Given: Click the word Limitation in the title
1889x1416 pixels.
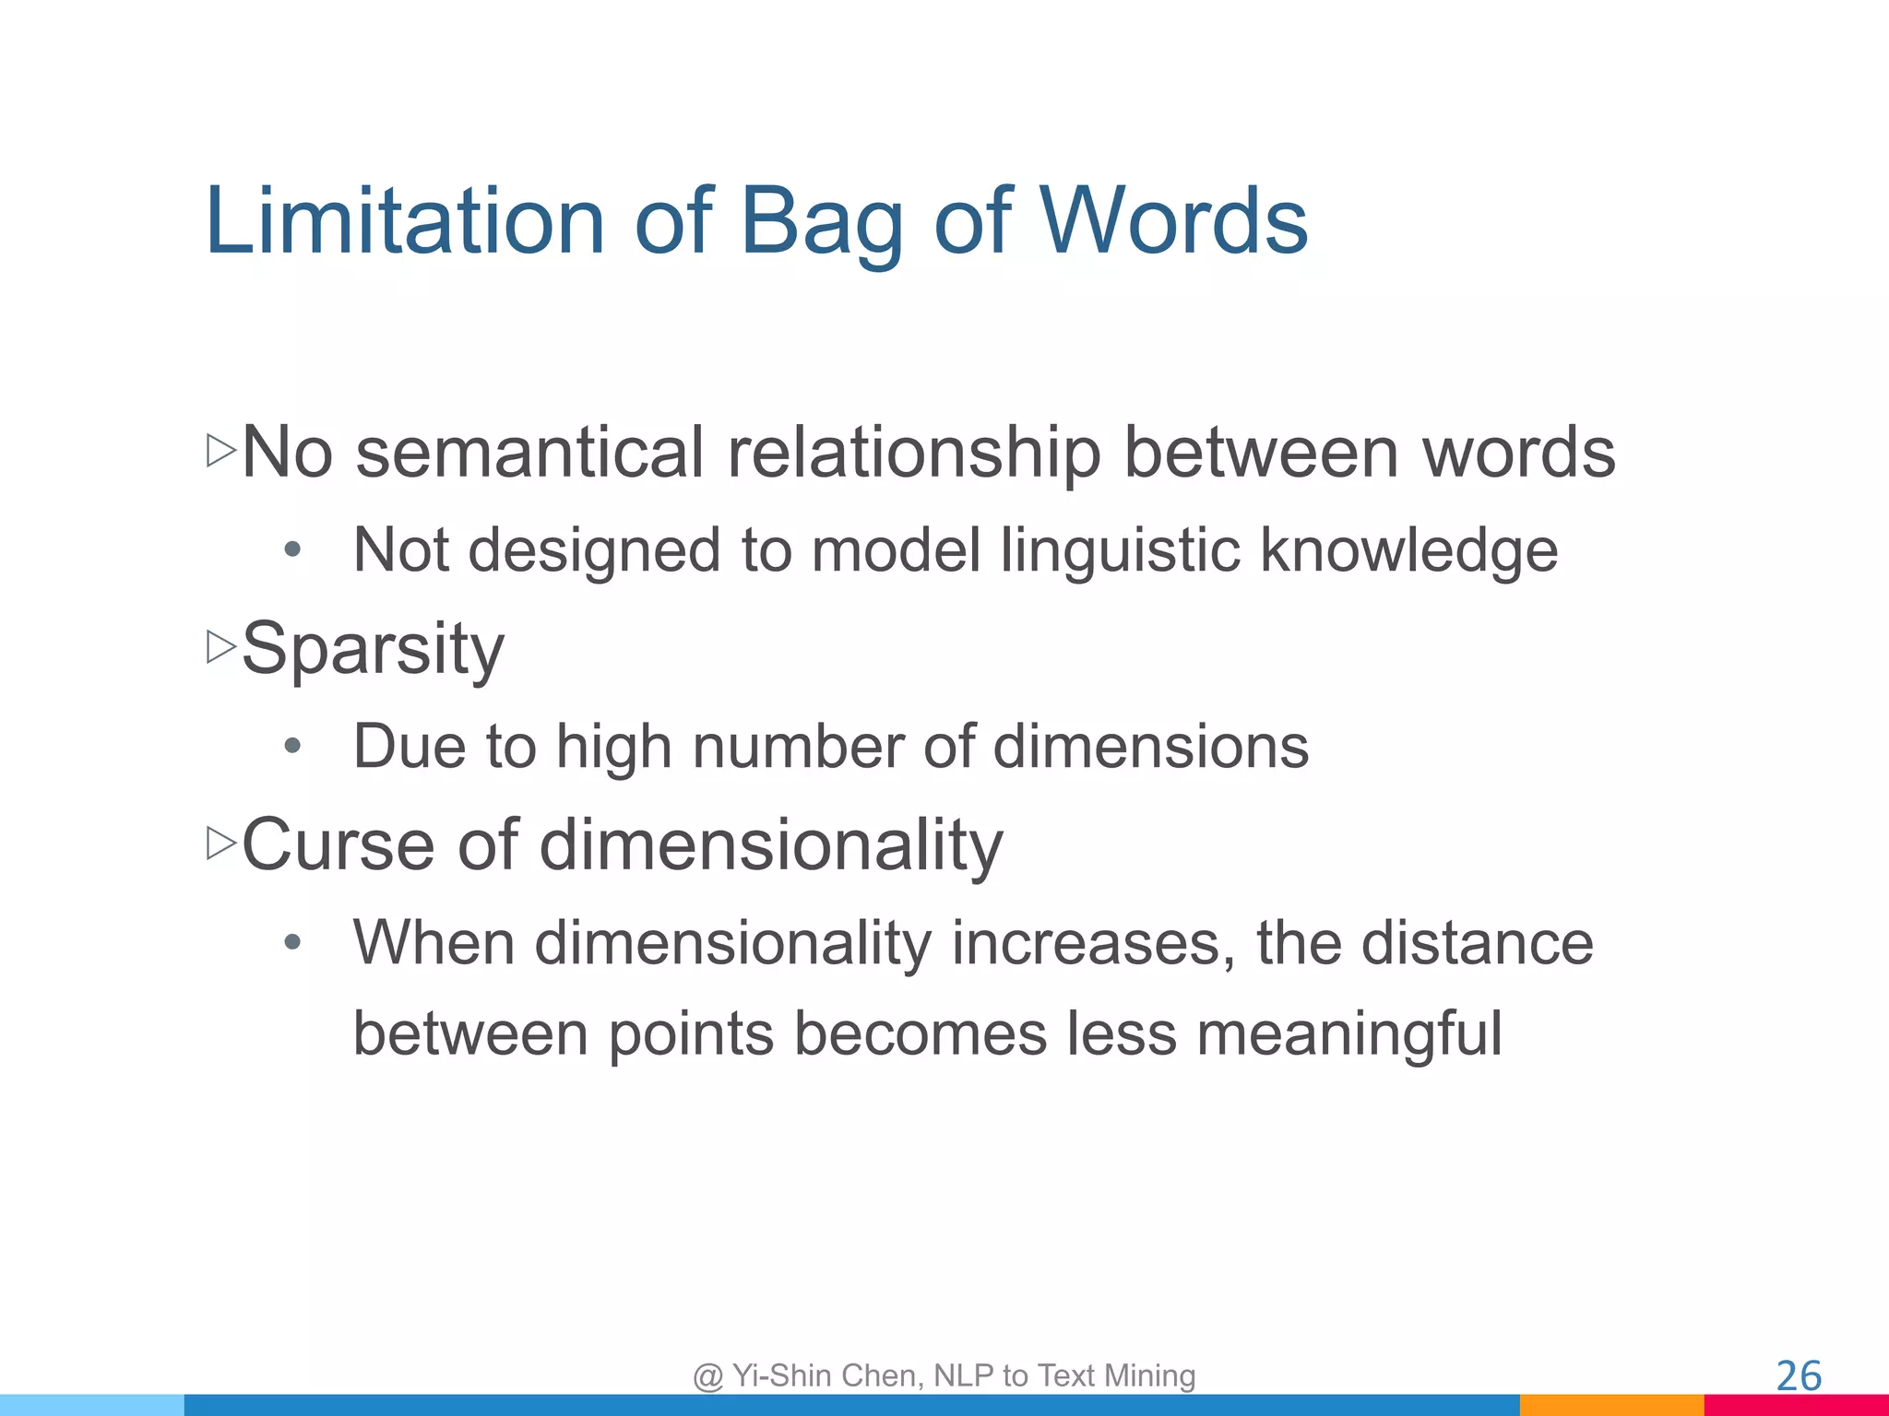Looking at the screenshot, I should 404,221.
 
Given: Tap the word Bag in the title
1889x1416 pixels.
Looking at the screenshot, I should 821,226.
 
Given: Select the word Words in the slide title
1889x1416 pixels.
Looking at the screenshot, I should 1174,221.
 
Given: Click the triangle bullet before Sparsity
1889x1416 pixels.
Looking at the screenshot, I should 221,647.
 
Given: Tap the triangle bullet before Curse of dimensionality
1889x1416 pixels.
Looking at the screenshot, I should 221,844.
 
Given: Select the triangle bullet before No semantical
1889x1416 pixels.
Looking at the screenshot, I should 221,451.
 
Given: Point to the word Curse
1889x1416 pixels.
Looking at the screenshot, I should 338,844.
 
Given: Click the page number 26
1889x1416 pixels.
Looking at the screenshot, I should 1799,1376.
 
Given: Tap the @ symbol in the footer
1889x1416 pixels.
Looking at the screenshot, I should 707,1376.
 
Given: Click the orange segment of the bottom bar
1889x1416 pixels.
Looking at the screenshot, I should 1611,1405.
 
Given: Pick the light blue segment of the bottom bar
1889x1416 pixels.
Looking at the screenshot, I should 92,1405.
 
